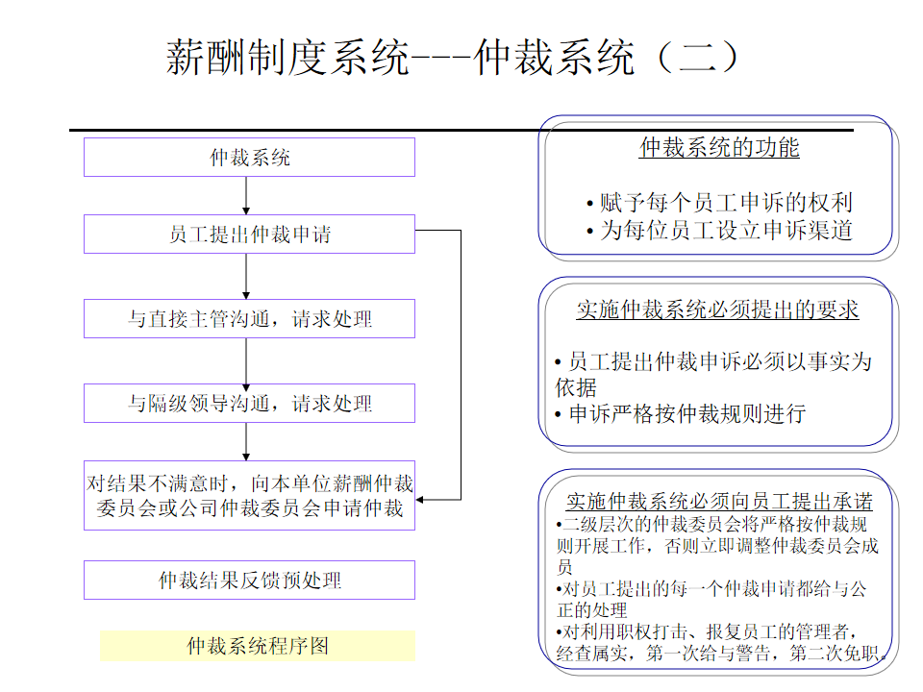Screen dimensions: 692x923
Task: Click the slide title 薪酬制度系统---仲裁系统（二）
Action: point(453,58)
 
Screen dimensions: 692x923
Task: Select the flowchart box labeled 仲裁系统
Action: point(249,158)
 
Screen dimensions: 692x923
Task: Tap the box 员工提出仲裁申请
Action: point(249,235)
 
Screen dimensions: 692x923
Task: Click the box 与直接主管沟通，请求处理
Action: point(249,319)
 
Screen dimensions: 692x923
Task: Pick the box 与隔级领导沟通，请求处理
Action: point(249,404)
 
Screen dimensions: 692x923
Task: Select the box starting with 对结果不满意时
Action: point(249,496)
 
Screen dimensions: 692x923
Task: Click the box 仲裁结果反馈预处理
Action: point(249,581)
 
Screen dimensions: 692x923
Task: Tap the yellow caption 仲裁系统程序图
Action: point(257,646)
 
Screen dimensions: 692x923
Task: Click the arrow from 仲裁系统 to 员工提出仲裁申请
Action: point(247,196)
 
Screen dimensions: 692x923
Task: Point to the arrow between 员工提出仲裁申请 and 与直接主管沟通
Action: point(247,277)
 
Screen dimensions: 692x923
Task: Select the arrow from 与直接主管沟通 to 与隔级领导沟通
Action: point(247,361)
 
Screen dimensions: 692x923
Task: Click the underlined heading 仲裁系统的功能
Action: point(719,148)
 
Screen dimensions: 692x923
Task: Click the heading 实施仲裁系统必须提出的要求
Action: point(717,309)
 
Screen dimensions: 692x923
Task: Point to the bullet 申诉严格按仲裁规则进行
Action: point(680,414)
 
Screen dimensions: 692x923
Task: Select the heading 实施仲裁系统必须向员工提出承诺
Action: point(719,502)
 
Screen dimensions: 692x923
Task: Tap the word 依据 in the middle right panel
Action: point(576,387)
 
